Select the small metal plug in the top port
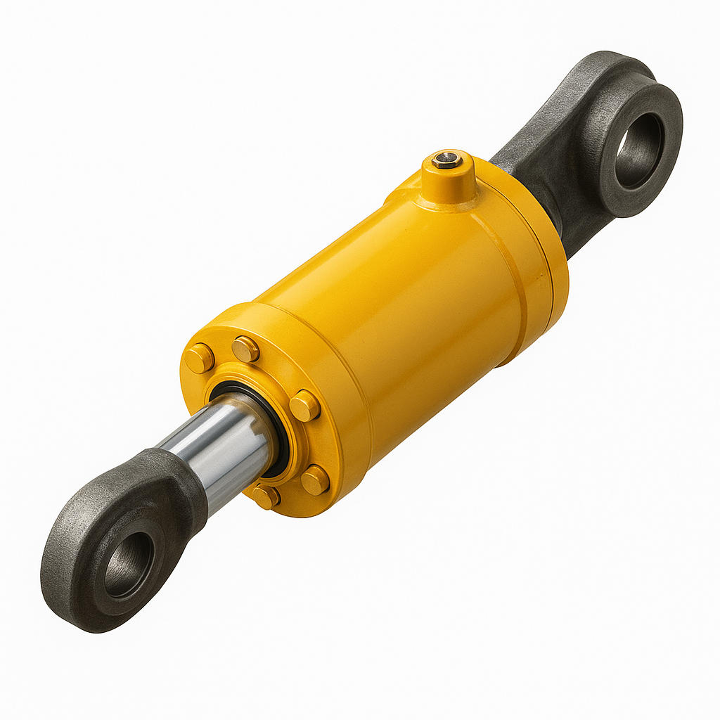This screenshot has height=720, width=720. point(447,161)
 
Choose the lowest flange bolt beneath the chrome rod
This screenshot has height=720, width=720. point(266,496)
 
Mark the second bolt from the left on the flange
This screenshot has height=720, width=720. point(245,349)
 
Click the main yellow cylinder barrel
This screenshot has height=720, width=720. point(408,295)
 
